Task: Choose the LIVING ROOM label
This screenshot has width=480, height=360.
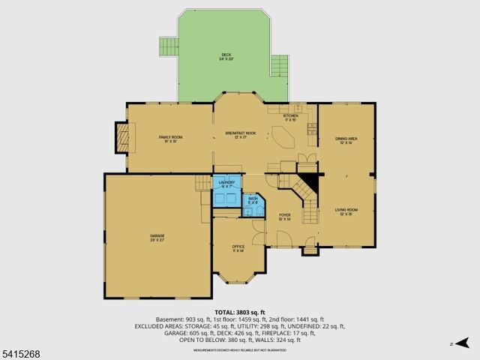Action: pyautogui.click(x=346, y=212)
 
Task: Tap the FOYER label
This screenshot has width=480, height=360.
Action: pyautogui.click(x=285, y=217)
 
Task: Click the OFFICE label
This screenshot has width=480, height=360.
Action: pyautogui.click(x=238, y=248)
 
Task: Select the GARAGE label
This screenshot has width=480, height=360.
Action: pyautogui.click(x=156, y=238)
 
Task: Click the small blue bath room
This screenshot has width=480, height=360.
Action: pyautogui.click(x=253, y=201)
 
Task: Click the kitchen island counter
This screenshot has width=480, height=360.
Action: pyautogui.click(x=283, y=138)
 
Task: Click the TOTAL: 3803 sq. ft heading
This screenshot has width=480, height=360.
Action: pyautogui.click(x=239, y=311)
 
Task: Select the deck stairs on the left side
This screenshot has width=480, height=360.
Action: pyautogui.click(x=167, y=47)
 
